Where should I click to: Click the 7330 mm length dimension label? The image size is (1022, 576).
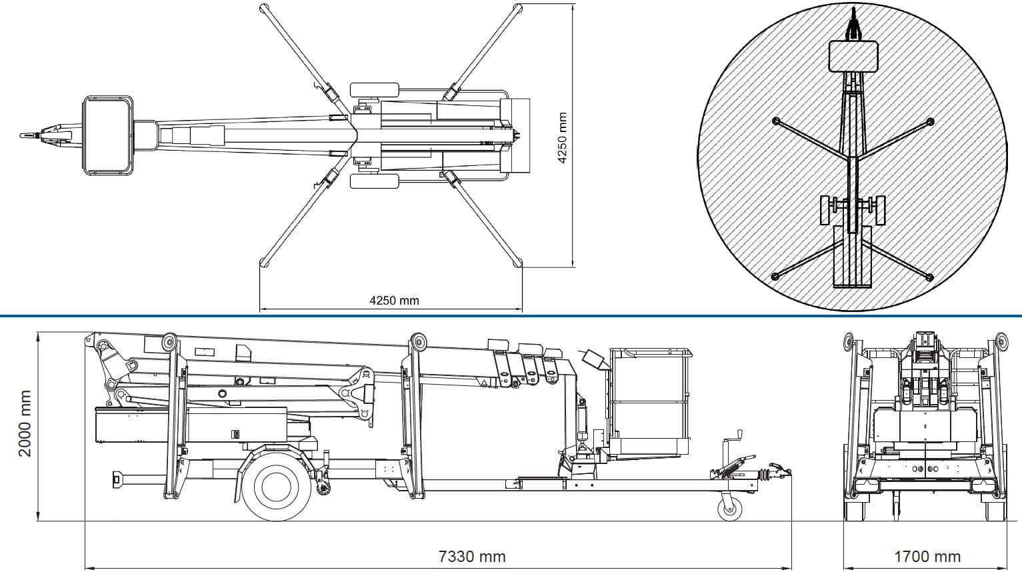[x=472, y=556]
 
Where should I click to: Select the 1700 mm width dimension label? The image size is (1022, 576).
[x=927, y=556]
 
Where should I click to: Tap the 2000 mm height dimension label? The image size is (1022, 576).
[x=25, y=424]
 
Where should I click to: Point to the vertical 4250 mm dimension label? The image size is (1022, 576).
[x=561, y=137]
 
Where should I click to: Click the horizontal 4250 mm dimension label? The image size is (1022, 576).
[x=394, y=300]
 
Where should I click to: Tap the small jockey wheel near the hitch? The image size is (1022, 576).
[x=730, y=508]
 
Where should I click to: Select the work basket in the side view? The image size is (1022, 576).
[x=650, y=400]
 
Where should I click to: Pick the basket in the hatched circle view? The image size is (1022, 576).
[x=853, y=55]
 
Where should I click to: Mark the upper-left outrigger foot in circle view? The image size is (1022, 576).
[x=775, y=121]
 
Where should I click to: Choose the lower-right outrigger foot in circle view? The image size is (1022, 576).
[x=931, y=277]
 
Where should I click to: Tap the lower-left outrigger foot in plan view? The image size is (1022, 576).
[x=263, y=262]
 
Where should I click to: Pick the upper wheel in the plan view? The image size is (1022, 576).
[x=373, y=90]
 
